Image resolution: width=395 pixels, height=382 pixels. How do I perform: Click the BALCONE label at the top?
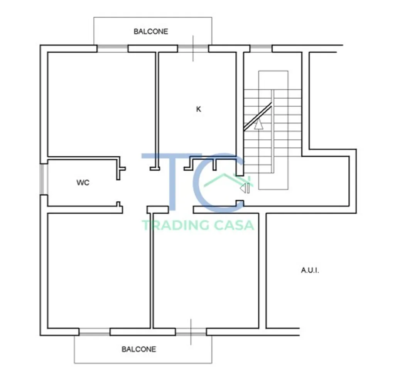click(x=151, y=32)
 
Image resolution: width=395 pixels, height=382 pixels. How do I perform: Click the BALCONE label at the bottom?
click(x=139, y=349)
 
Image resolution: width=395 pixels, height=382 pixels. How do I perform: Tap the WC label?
click(x=83, y=183)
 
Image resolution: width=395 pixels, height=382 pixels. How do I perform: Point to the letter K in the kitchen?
click(x=199, y=109)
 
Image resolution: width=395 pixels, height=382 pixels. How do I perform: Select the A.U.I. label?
click(x=310, y=270)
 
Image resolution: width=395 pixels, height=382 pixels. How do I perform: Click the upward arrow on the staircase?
click(x=258, y=124)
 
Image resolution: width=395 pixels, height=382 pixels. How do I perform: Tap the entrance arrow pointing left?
click(x=245, y=188)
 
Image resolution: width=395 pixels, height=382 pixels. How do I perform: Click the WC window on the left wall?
click(x=44, y=179)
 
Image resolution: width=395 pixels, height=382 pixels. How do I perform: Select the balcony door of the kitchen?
click(x=193, y=48)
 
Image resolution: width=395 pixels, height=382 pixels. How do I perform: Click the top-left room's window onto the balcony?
click(x=112, y=48)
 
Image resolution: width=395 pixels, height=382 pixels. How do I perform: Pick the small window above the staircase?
click(x=261, y=48)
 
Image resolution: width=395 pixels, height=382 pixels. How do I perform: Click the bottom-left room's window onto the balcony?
click(x=95, y=332)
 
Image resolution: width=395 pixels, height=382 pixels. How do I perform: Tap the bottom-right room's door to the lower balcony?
click(x=191, y=332)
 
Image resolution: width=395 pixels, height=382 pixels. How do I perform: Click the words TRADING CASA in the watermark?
click(x=198, y=225)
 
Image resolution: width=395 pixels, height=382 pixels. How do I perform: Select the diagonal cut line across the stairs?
click(x=257, y=117)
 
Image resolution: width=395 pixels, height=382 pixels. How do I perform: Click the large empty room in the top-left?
click(x=101, y=104)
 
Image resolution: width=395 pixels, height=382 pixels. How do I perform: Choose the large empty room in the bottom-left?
click(x=99, y=271)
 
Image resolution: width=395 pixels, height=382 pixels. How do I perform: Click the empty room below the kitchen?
click(x=206, y=271)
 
